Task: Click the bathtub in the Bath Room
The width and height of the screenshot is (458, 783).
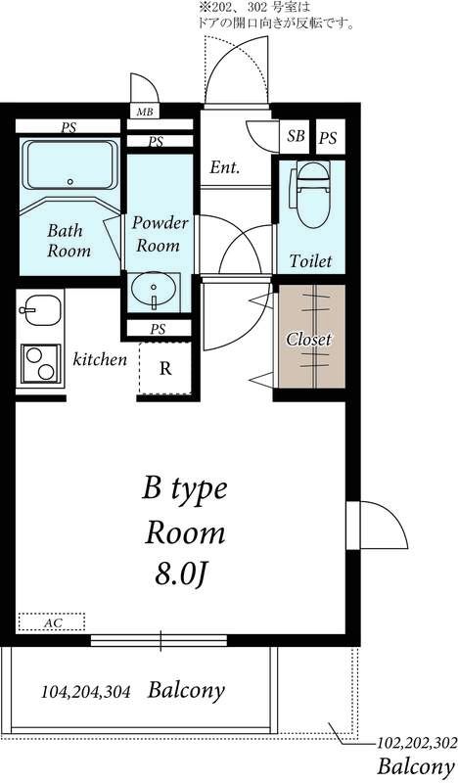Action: click(x=69, y=164)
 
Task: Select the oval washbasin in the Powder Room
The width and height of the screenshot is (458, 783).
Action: click(x=154, y=291)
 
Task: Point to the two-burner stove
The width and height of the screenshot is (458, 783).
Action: click(x=40, y=363)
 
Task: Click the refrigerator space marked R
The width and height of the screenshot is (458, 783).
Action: click(x=165, y=369)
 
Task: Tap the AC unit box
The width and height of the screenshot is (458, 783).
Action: click(x=52, y=622)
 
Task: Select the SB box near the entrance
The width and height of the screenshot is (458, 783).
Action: click(x=296, y=136)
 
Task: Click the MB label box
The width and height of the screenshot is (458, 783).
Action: click(x=145, y=112)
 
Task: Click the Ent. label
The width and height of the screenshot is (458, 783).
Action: click(x=225, y=167)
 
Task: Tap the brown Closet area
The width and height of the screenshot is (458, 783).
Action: click(x=311, y=336)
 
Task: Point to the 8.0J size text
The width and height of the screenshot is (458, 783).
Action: click(x=180, y=576)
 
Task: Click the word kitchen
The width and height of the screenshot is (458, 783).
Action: click(x=100, y=359)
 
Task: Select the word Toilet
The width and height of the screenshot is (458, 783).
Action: click(x=310, y=260)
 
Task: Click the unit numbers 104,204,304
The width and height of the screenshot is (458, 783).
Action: click(x=86, y=692)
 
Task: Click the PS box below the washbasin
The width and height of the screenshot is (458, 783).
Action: click(x=159, y=329)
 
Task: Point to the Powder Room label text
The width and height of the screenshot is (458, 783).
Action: click(x=159, y=234)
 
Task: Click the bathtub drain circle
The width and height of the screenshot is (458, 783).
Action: click(x=70, y=181)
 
